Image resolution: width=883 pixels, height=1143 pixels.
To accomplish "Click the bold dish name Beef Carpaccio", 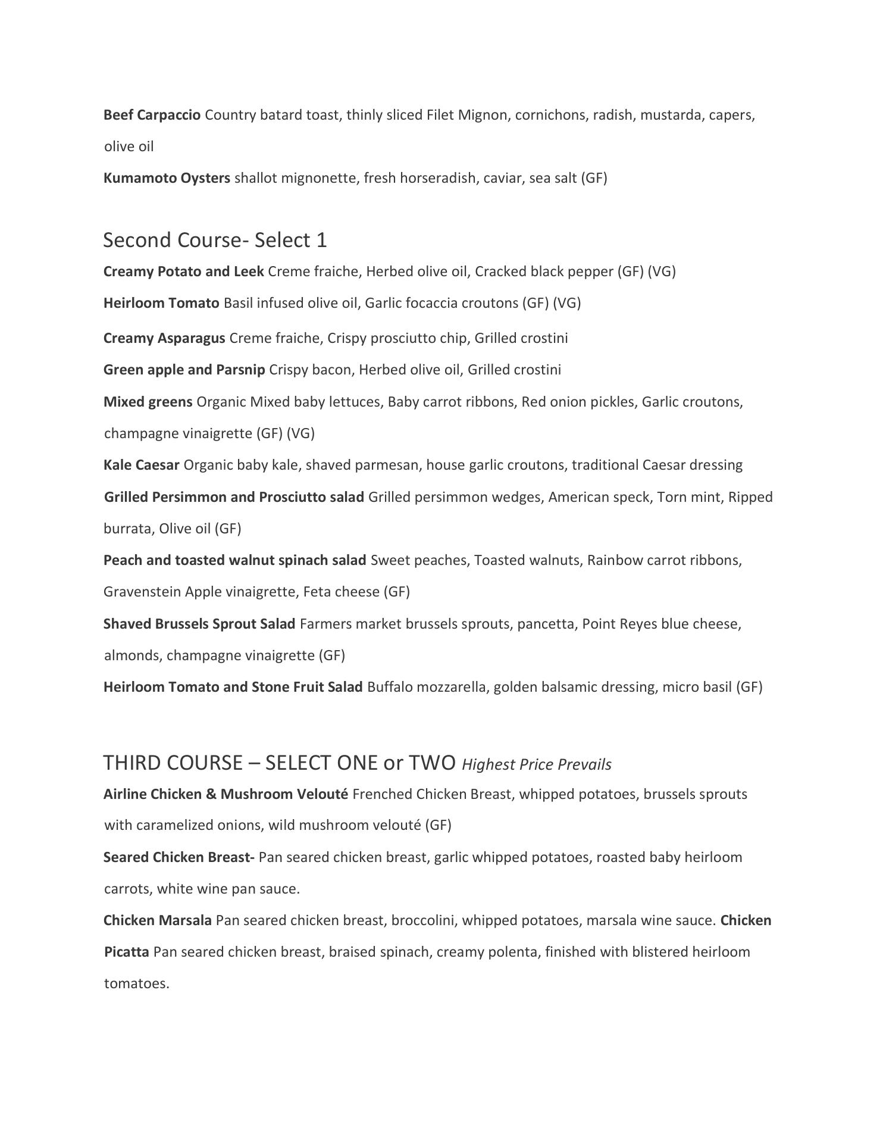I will (x=152, y=115).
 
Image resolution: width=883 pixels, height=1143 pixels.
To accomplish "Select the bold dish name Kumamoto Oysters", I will (x=167, y=178).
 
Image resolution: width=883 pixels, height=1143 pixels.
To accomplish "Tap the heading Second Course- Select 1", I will (x=215, y=240).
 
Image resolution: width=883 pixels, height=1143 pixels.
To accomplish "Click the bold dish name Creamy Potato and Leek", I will (x=183, y=271).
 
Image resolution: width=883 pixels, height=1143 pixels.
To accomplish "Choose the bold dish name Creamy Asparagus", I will (x=164, y=338).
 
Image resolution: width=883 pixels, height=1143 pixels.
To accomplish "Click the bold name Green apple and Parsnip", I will (x=184, y=370).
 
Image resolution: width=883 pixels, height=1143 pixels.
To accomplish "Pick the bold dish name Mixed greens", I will (x=148, y=402).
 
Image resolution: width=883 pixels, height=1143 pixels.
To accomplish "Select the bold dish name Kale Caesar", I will (x=141, y=465).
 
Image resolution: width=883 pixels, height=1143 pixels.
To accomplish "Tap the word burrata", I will (x=127, y=529).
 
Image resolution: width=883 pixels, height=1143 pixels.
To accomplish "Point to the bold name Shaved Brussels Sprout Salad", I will (x=199, y=624).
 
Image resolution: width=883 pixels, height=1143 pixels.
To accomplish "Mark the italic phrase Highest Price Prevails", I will (x=536, y=764).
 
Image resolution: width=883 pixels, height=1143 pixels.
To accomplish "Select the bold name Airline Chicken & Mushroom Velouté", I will (x=226, y=794).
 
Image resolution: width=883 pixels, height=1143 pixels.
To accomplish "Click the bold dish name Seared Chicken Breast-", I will (x=179, y=857).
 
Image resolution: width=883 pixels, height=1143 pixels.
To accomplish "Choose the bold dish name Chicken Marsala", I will (x=157, y=920).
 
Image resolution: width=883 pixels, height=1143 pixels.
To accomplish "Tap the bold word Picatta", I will (x=126, y=952).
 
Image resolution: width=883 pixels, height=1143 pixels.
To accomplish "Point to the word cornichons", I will (x=550, y=115).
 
